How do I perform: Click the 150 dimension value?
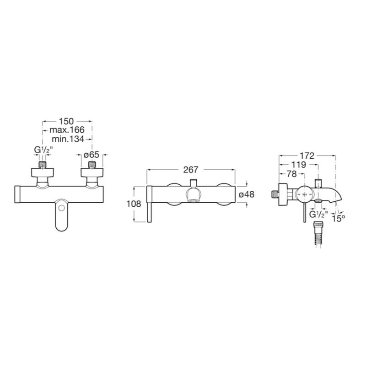click(66, 121)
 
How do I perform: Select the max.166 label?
click(67, 130)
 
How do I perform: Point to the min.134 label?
click(68, 139)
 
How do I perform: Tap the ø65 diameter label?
click(91, 155)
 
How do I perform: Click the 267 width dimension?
click(191, 170)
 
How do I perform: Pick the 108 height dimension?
click(134, 204)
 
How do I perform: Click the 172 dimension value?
click(307, 156)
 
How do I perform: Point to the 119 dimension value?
click(299, 165)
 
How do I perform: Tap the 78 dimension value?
click(291, 174)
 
